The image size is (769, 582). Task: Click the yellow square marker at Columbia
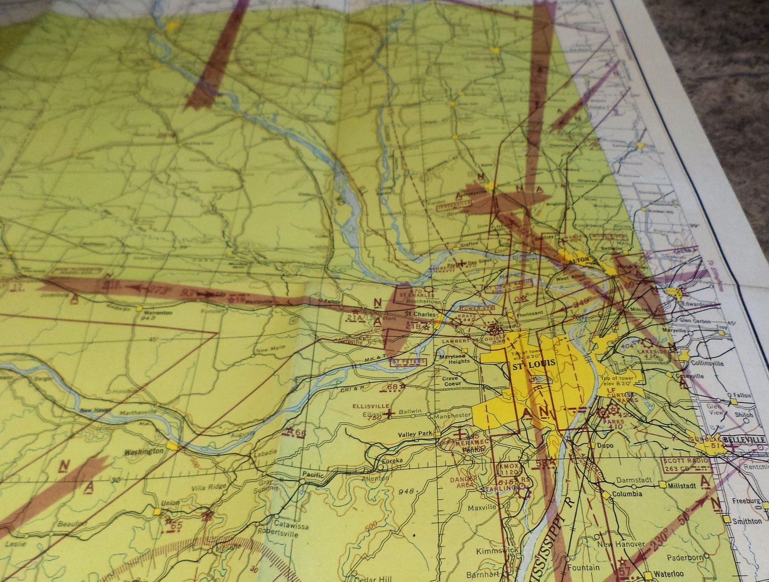[x=607, y=494]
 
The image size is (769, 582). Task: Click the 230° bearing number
[x=657, y=545]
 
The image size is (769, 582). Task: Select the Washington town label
[x=144, y=451]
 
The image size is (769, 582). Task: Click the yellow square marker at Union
[x=157, y=511]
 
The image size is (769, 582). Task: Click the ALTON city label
[x=581, y=260]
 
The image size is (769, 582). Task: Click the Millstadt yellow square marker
[x=662, y=485]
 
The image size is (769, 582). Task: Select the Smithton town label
[x=746, y=521]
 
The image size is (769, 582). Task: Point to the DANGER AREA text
[x=463, y=482]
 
